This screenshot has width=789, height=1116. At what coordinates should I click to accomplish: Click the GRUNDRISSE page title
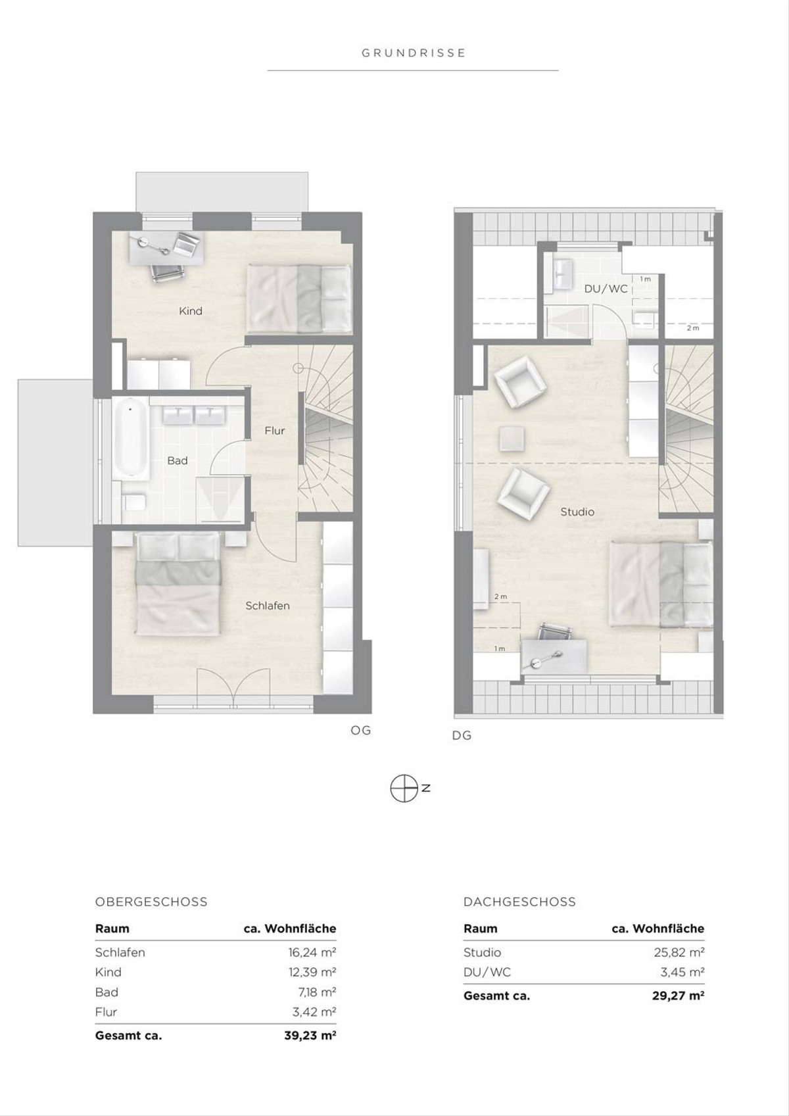(414, 53)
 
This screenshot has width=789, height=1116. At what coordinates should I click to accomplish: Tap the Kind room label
(191, 311)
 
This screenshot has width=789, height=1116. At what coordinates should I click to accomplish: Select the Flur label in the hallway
(274, 431)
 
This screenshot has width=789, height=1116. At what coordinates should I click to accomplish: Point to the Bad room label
(178, 461)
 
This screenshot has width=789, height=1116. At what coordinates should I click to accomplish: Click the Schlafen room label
(268, 606)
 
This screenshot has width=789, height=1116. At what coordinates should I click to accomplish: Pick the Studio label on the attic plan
(577, 512)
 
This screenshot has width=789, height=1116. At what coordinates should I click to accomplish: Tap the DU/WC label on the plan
(606, 289)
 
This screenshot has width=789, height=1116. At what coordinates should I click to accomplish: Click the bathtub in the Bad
(130, 439)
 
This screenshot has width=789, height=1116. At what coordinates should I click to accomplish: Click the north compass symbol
(404, 788)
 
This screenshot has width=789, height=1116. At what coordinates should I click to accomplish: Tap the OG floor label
(360, 731)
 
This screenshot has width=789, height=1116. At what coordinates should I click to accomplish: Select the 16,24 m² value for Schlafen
(312, 953)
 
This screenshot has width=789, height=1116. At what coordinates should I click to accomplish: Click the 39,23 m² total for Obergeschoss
(310, 1035)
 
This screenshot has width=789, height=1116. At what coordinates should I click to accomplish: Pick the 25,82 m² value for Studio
(679, 953)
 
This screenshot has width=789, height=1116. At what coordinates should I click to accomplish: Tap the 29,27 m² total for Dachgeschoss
(679, 996)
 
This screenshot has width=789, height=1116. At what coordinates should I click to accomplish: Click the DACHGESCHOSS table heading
(519, 902)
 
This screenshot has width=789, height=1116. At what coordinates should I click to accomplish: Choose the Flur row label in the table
(106, 1012)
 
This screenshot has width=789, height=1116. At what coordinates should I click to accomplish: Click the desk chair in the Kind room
(168, 274)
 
